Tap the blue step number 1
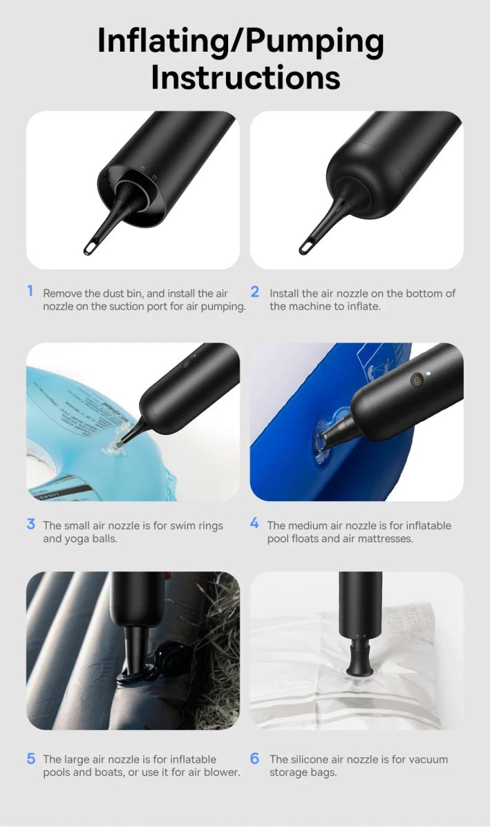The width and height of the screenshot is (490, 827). (30, 291)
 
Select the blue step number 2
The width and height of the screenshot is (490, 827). (255, 292)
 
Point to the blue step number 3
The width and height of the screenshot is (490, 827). (31, 524)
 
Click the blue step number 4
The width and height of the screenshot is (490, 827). (254, 523)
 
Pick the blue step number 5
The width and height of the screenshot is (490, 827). (31, 759)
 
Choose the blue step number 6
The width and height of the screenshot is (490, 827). (255, 759)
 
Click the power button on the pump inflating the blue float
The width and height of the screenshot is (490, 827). (416, 380)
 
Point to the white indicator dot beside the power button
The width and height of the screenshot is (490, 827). (429, 373)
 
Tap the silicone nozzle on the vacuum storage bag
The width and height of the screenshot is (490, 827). (360, 655)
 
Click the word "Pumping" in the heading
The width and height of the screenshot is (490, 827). (315, 41)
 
